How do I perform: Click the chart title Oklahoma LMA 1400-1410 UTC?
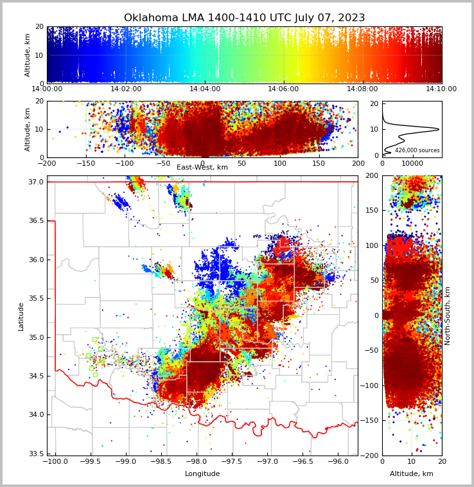(244, 18)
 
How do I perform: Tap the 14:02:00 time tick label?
(126, 89)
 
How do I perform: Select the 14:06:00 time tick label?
(283, 89)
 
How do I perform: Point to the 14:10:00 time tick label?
(441, 89)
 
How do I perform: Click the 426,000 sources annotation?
(417, 150)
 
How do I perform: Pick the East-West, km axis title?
(202, 168)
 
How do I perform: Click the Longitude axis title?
(202, 474)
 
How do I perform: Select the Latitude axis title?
(21, 316)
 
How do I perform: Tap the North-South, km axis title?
(448, 315)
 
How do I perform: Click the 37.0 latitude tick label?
(35, 182)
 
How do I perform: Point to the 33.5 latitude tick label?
(35, 454)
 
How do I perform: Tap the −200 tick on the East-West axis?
(47, 163)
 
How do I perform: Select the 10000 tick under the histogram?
(412, 163)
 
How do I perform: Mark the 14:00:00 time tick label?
(48, 89)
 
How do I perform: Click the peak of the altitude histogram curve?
(439, 129)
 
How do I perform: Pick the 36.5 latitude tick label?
(35, 221)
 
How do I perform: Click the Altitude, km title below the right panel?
(412, 474)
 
